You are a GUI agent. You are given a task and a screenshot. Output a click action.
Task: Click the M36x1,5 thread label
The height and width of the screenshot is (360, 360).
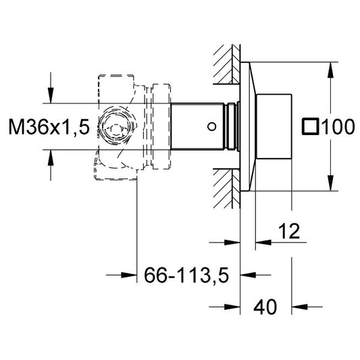(x=49, y=127)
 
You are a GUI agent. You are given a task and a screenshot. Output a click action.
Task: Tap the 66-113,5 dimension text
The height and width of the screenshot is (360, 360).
(x=186, y=275)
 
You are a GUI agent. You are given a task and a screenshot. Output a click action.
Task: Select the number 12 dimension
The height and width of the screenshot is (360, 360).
(x=289, y=231)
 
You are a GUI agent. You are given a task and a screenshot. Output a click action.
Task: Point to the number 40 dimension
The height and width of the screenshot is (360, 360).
(x=265, y=307)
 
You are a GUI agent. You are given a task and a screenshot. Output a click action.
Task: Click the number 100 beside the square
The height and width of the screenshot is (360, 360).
(x=338, y=127)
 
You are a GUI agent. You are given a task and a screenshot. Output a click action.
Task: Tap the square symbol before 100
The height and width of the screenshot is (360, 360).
(x=311, y=126)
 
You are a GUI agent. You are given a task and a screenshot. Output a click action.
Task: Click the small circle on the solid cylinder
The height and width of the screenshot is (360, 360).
(x=211, y=126)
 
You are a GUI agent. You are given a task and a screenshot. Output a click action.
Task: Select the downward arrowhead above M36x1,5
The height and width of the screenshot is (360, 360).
(x=51, y=95)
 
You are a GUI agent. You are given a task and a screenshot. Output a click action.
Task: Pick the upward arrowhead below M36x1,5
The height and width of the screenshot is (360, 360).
(x=51, y=158)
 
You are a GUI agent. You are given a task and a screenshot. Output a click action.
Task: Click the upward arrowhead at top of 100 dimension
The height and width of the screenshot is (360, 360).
(x=330, y=70)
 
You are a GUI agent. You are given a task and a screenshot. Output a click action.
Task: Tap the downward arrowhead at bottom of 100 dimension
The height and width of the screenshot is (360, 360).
(x=330, y=183)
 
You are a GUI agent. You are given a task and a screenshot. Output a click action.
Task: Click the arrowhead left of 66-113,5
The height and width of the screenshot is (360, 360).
(x=129, y=275)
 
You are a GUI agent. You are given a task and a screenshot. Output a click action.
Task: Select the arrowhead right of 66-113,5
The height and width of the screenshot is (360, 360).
(x=248, y=275)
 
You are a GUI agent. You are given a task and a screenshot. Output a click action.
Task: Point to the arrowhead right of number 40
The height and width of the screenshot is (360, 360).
(x=299, y=307)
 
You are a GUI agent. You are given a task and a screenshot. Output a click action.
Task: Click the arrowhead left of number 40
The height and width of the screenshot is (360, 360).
(x=232, y=307)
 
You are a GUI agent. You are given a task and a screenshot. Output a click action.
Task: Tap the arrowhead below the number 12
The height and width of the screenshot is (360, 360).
(x=263, y=242)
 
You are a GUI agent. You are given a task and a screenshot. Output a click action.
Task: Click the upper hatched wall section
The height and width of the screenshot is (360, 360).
(x=227, y=64)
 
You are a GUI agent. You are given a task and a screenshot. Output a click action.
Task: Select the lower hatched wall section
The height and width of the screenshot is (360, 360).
(x=227, y=188)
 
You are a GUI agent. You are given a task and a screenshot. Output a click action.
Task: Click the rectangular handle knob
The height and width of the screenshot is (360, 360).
(x=274, y=126)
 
